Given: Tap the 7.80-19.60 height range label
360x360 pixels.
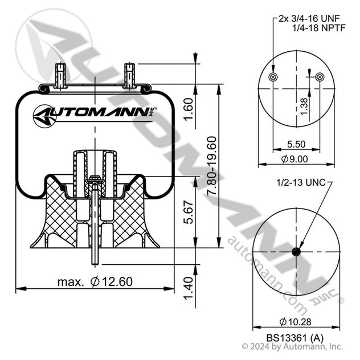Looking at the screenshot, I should tap(212, 167).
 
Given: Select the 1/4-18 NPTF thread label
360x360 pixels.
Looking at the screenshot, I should tap(313, 28).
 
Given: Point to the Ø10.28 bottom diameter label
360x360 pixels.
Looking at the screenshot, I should tap(296, 318).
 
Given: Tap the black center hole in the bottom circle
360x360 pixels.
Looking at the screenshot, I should tap(296, 252).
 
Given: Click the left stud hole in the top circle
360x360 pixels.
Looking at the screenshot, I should tap(273, 77).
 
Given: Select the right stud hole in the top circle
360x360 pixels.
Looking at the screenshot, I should tap(319, 77).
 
